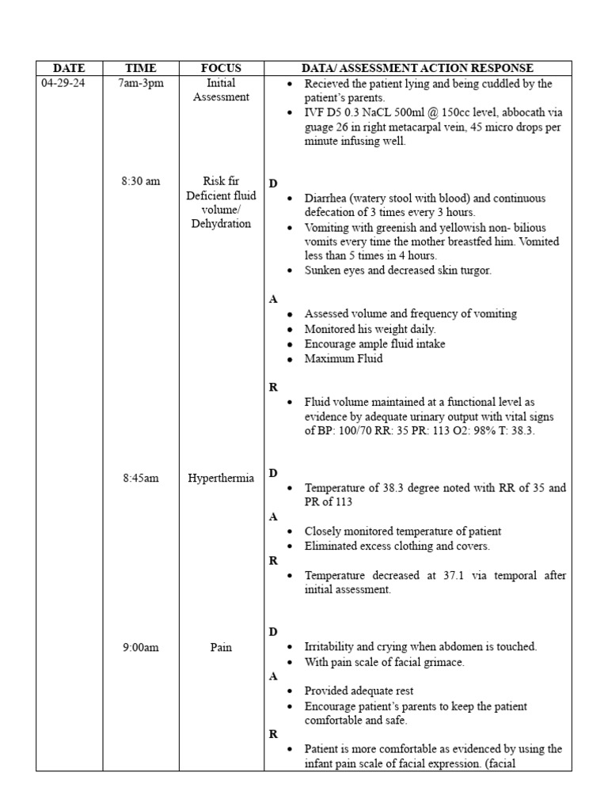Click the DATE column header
(x=69, y=68)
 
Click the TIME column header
(x=141, y=68)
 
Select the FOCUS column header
(x=221, y=68)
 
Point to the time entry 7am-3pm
(x=141, y=83)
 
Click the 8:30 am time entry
(x=141, y=181)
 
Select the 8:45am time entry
(x=141, y=479)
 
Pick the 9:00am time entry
(x=141, y=648)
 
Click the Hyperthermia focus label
(x=221, y=479)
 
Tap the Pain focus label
(x=221, y=648)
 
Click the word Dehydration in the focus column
(x=221, y=224)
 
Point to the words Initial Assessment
(x=221, y=90)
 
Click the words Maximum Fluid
(x=344, y=358)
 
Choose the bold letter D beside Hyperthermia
(x=273, y=473)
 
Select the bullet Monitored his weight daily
(x=370, y=328)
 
